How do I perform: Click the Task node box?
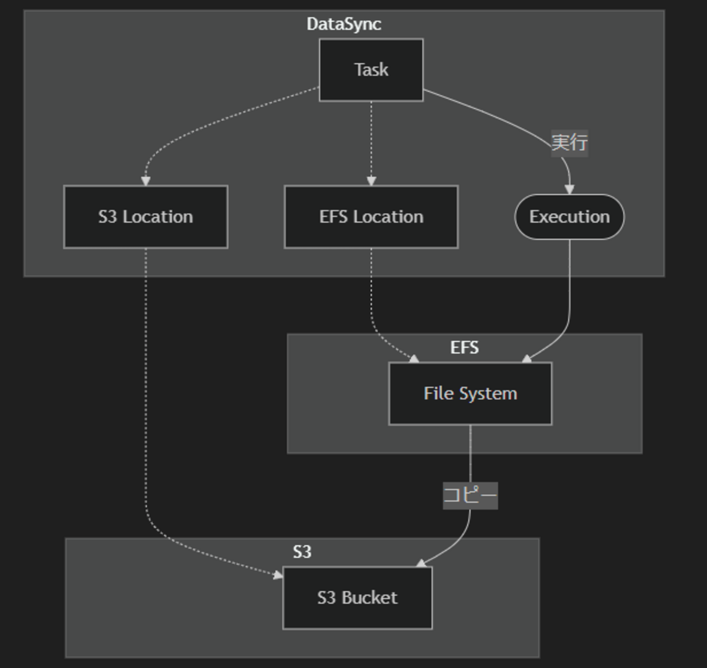(x=371, y=70)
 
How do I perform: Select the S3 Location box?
(x=146, y=217)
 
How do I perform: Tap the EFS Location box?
(x=371, y=217)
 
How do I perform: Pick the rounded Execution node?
(x=569, y=217)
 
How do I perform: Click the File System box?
(x=470, y=393)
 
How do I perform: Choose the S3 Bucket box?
(x=357, y=598)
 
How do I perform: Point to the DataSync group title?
(x=344, y=24)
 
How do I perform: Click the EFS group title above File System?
(x=464, y=348)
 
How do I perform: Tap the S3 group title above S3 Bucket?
(x=302, y=552)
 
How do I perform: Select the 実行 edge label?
(x=569, y=143)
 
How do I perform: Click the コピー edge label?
(x=470, y=496)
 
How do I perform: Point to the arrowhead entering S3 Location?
(x=145, y=181)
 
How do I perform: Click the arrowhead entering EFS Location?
(x=371, y=181)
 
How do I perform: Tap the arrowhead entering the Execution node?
(x=569, y=189)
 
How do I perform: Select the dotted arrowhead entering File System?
(x=414, y=358)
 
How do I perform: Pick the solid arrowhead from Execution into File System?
(x=526, y=358)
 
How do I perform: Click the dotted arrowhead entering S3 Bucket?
(x=278, y=574)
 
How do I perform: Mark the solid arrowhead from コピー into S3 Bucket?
(x=421, y=564)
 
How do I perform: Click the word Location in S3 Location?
(x=158, y=217)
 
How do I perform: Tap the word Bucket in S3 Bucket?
(x=369, y=598)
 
